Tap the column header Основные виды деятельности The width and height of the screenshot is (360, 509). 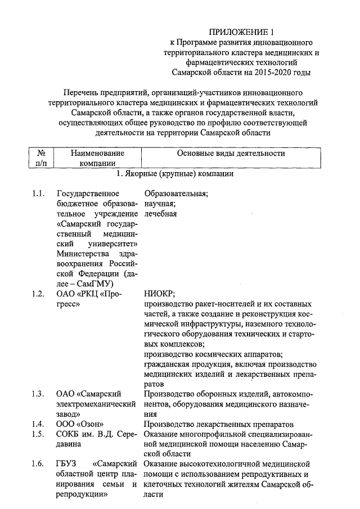coord(231,153)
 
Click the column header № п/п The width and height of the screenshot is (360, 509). coord(40,158)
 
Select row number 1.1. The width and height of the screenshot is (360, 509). coord(38,194)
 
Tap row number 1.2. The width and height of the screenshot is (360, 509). coord(38,294)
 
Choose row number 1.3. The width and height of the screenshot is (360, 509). coord(38,393)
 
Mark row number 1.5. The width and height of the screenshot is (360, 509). coord(38,434)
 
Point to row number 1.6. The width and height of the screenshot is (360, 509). coord(38,464)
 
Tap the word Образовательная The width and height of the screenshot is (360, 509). coord(176,194)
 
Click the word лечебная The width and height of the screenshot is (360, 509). coord(160,214)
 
